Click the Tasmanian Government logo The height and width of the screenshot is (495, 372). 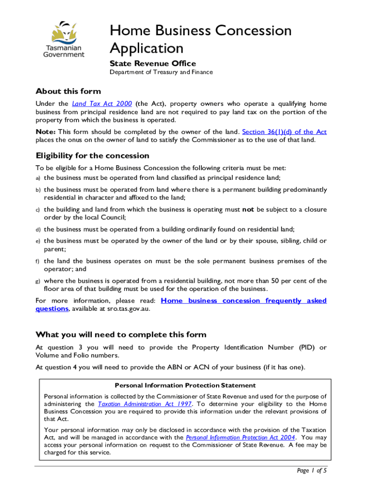tap(64, 39)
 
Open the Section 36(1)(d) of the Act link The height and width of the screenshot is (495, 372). tap(284, 132)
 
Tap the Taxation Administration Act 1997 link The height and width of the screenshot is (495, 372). tap(145, 404)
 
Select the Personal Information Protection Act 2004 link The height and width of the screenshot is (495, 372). tap(240, 437)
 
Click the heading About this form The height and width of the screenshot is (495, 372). tap(68, 91)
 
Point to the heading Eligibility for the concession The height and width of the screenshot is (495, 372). tap(92, 156)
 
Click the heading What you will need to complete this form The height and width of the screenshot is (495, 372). tap(121, 335)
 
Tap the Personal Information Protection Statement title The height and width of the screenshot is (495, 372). tap(185, 385)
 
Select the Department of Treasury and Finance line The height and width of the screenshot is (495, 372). tap(161, 73)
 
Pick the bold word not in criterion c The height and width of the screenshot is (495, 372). tap(248, 210)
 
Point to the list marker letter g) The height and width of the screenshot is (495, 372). tap(38, 281)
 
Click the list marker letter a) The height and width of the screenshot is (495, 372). tap(38, 178)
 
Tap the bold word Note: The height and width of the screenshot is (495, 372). tap(46, 132)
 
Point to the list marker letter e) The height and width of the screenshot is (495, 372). tap(38, 241)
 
